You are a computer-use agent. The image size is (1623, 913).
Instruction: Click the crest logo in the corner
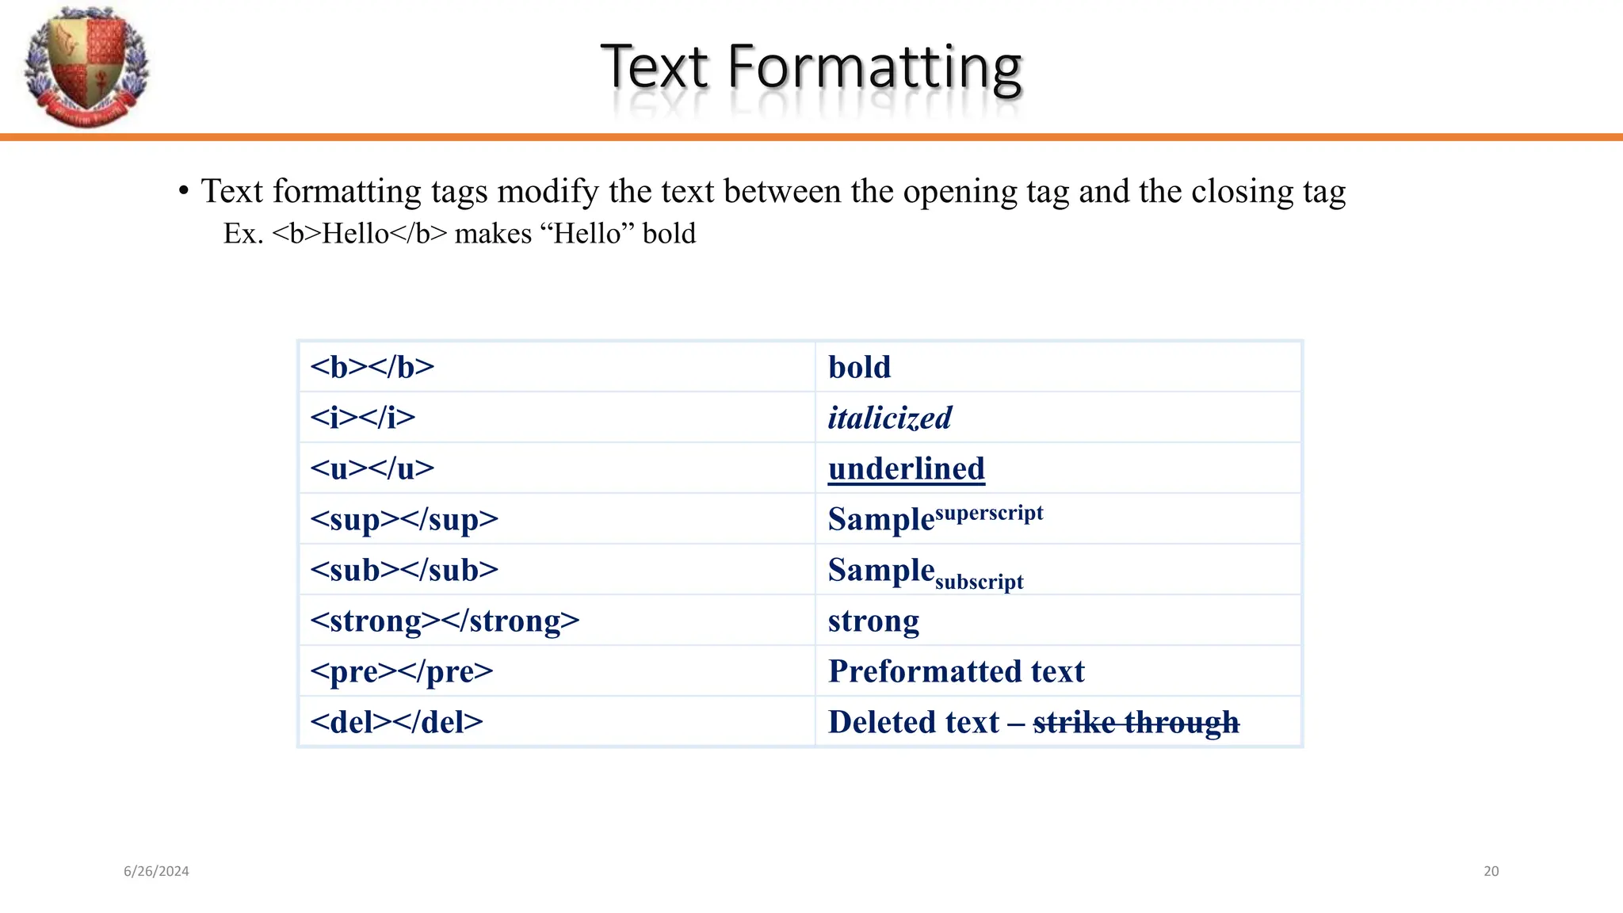[86, 67]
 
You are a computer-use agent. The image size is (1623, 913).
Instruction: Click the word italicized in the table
[889, 418]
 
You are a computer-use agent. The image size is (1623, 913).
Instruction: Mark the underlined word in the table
[906, 468]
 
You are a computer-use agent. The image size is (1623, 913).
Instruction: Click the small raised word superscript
[989, 513]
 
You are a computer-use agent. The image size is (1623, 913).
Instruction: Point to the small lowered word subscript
[980, 582]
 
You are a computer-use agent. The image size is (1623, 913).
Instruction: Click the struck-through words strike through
[1136, 722]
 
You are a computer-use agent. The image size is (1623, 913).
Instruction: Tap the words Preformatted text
[956, 671]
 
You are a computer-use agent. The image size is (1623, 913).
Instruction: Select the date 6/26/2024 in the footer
[156, 871]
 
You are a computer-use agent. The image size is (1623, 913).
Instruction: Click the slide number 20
[1491, 871]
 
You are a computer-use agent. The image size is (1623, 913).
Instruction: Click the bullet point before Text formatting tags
[184, 191]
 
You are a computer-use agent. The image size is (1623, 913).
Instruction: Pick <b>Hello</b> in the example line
[360, 234]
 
